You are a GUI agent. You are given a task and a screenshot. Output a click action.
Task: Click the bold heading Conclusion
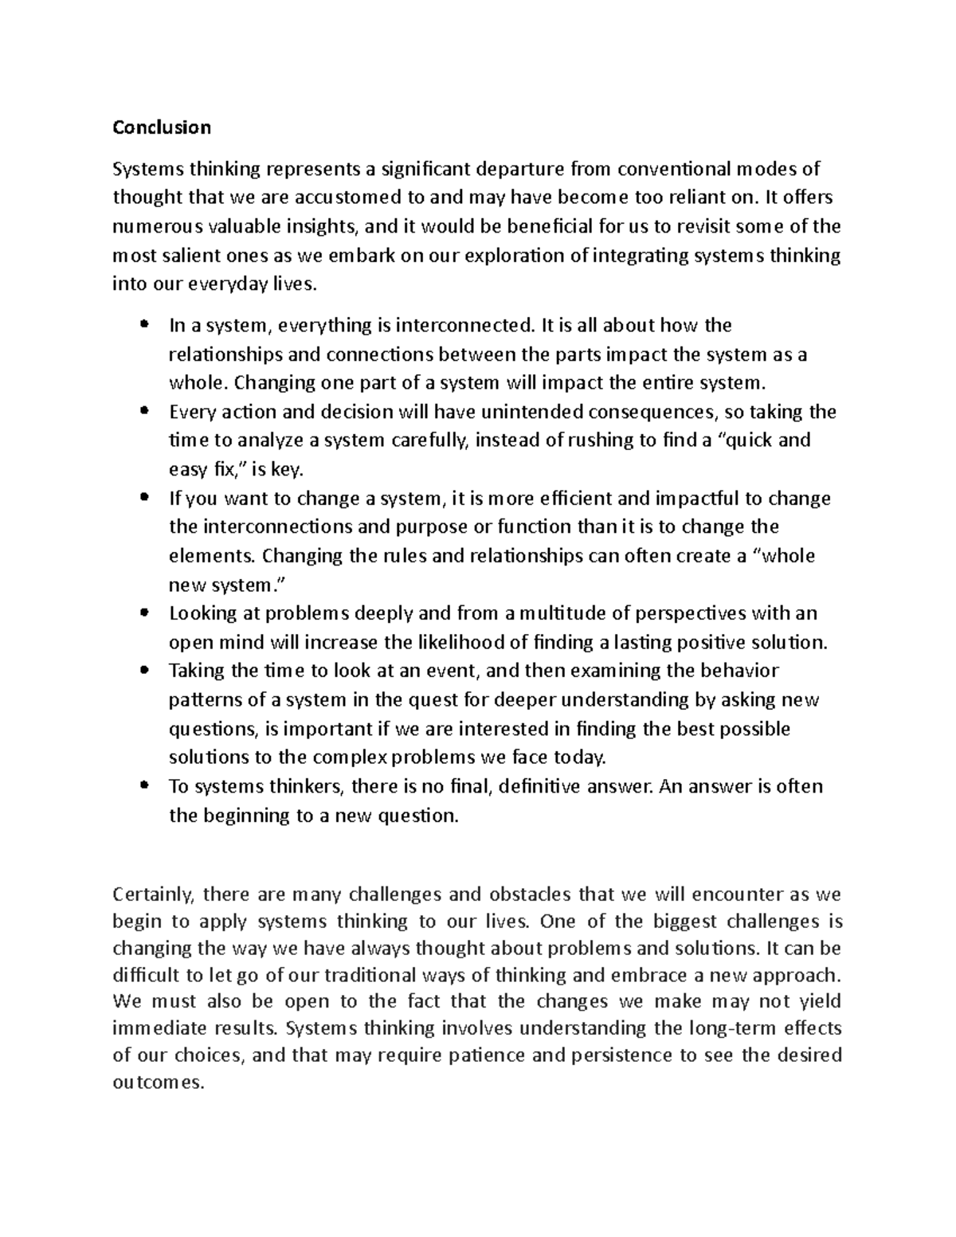[162, 127]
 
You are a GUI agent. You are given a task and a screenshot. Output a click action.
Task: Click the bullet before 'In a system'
[144, 325]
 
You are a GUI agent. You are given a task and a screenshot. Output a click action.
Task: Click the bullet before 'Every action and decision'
[144, 412]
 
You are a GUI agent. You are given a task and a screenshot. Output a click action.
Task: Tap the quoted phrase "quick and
[764, 440]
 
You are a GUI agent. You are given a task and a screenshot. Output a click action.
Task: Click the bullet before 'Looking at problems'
[144, 613]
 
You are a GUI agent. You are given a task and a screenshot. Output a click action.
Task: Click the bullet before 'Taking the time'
[144, 671]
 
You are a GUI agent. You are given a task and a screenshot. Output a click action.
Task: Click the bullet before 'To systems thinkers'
[144, 786]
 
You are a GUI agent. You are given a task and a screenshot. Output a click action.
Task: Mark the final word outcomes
[159, 1083]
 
